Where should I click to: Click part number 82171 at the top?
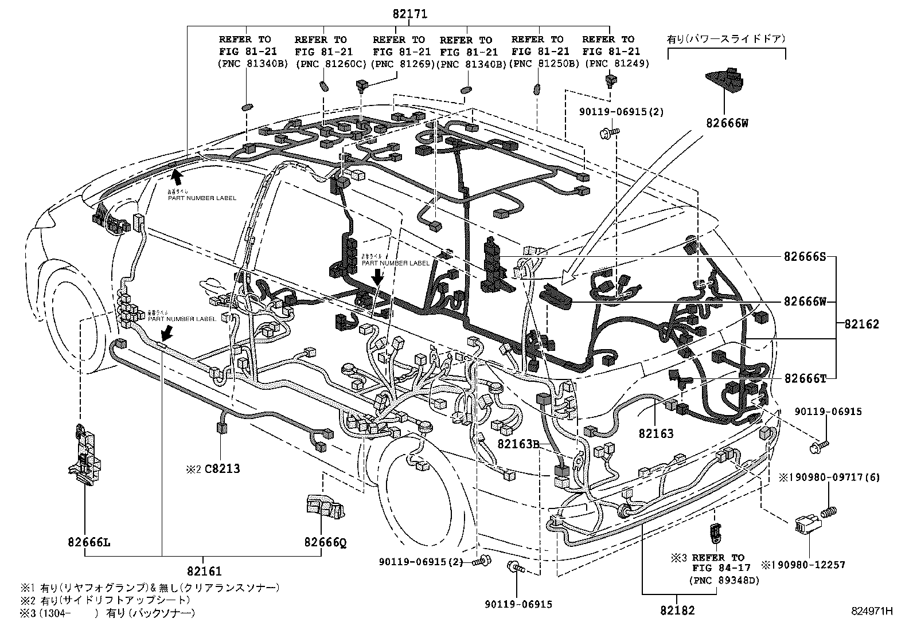pos(410,14)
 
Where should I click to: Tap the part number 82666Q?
pos(325,541)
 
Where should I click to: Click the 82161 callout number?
pos(204,571)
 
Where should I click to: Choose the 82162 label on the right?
pos(861,324)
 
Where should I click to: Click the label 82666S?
pos(805,257)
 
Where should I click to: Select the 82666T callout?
pos(805,378)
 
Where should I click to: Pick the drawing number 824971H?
pos(872,611)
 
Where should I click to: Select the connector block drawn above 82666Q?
pos(324,506)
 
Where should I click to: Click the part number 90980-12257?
pos(808,565)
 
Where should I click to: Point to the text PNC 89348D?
pos(724,580)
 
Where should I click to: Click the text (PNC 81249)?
pos(617,64)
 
